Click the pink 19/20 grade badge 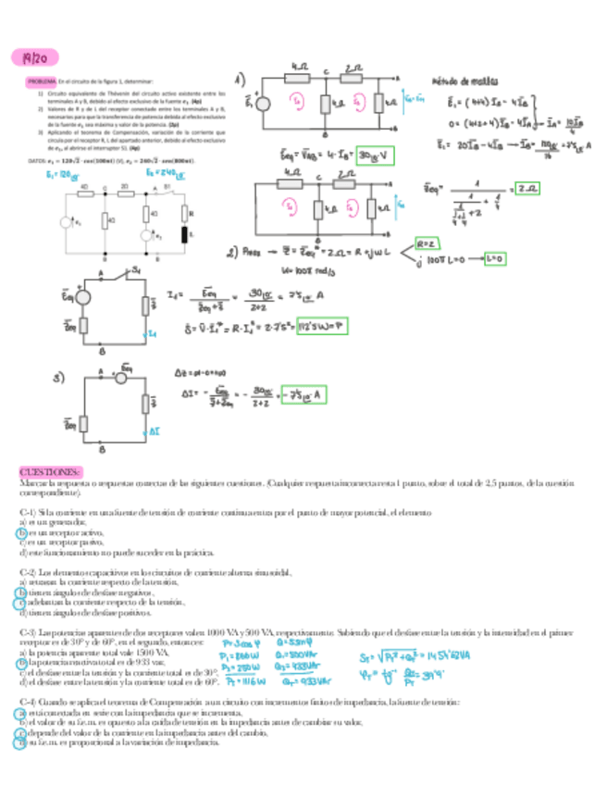(x=33, y=57)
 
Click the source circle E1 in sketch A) (x=263, y=104)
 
